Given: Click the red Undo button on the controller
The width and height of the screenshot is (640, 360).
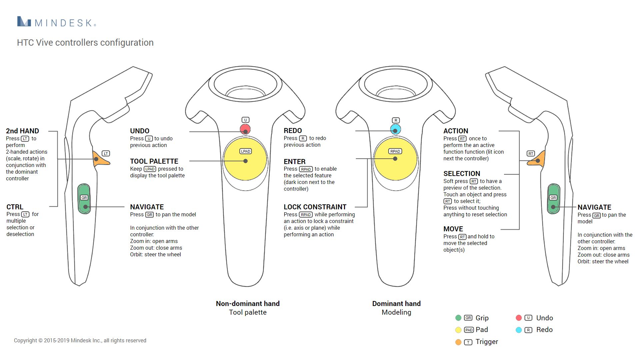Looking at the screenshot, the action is click(245, 129).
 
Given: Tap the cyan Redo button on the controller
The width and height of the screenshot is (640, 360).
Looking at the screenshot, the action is click(395, 129).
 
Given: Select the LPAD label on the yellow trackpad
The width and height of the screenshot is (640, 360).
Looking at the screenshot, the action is click(246, 151).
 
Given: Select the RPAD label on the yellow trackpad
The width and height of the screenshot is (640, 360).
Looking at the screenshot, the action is click(395, 151).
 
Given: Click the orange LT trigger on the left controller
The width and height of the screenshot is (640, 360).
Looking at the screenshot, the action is click(100, 159).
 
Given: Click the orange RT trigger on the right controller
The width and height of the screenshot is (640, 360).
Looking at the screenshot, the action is click(539, 159).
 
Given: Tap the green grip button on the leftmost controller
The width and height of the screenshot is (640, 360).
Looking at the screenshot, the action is click(84, 199).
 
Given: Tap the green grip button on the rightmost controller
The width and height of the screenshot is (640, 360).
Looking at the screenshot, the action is click(554, 199).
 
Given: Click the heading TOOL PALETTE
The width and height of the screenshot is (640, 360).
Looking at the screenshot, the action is click(154, 161).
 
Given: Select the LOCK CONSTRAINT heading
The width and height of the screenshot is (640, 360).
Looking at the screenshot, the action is click(315, 207).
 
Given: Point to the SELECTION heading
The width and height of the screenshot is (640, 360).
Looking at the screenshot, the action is click(462, 174).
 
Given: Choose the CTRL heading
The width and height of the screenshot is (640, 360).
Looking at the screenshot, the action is click(15, 207).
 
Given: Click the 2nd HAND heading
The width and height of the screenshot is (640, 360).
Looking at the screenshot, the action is click(22, 131).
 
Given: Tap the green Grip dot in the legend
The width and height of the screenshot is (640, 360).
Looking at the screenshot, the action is click(458, 318).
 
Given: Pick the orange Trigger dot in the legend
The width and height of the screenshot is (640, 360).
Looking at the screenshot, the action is click(458, 342).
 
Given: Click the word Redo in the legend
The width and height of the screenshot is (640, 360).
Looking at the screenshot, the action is click(544, 330).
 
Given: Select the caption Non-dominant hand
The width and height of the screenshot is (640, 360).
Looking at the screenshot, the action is click(248, 304).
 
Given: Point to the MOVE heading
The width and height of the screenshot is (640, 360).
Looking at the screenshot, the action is click(453, 229).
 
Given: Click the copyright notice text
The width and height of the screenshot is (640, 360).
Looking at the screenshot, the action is click(80, 340).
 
